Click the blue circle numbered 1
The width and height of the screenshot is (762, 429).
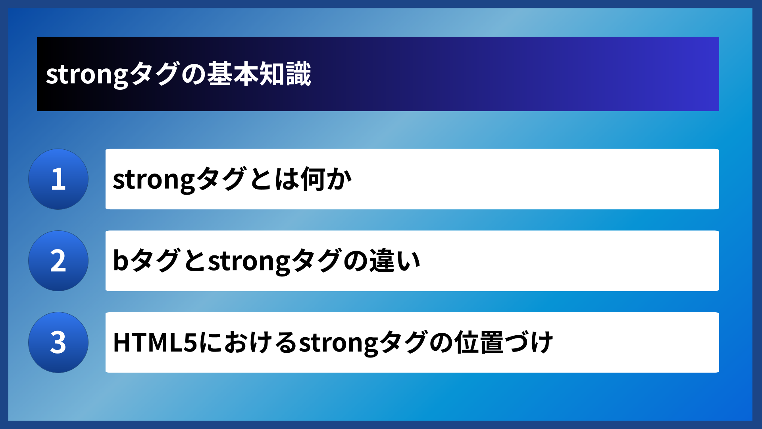(58, 179)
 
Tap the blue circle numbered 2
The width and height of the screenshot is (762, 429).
(58, 261)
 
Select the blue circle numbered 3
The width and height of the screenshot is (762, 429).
(58, 342)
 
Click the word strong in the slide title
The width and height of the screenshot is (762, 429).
(87, 75)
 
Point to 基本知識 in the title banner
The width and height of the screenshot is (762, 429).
(259, 74)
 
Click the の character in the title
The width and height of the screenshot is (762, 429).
(193, 74)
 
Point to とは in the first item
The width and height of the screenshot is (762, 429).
(274, 179)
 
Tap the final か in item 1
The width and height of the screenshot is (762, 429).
(339, 179)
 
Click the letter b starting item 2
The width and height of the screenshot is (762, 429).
(121, 261)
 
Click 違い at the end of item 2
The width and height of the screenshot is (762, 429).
(395, 261)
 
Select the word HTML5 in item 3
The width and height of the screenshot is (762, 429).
(155, 342)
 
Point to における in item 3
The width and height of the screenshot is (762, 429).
(248, 342)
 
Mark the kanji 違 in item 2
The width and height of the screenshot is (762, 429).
(382, 261)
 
